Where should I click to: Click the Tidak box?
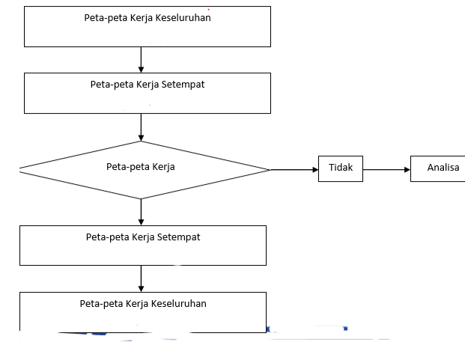click(341, 168)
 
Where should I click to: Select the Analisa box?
click(438, 168)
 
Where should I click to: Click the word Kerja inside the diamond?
click(163, 167)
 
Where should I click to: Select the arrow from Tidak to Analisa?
click(386, 170)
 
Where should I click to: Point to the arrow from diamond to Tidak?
click(294, 170)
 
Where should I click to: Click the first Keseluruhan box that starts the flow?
click(148, 26)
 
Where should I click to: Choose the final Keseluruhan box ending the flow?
click(143, 312)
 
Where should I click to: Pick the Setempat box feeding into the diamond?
click(148, 93)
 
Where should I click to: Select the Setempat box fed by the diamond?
click(143, 245)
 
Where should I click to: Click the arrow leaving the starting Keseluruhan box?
click(142, 60)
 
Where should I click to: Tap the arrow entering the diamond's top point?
click(142, 127)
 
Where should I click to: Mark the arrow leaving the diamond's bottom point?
click(142, 212)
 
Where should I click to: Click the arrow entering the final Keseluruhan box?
click(142, 279)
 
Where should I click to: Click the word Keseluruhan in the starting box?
click(183, 18)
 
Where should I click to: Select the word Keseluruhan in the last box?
click(179, 304)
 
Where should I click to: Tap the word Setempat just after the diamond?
click(179, 237)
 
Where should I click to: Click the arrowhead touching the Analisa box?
click(407, 170)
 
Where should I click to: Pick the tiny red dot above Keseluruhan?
click(208, 10)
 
